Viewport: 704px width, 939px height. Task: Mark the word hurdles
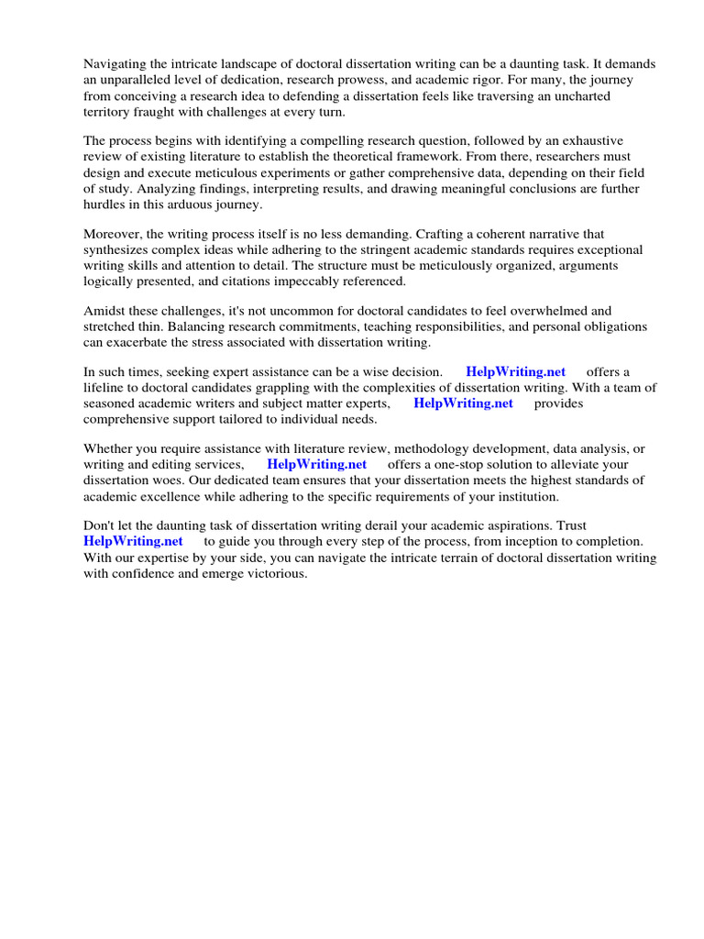(x=104, y=204)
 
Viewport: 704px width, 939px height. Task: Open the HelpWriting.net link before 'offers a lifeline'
(x=516, y=371)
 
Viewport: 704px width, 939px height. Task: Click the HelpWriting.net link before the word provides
(x=463, y=403)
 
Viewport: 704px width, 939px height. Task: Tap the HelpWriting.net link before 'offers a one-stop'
(x=317, y=464)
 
